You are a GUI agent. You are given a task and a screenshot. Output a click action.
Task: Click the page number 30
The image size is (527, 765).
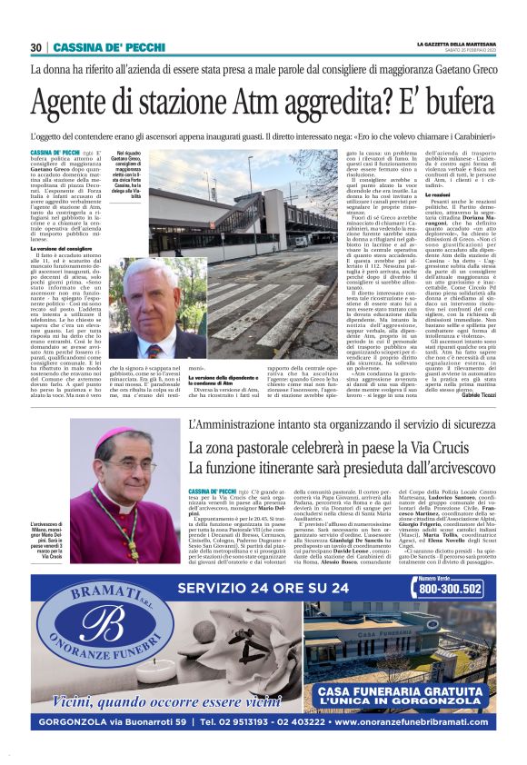(x=36, y=47)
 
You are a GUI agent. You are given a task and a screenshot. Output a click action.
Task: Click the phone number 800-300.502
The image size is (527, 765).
(x=452, y=588)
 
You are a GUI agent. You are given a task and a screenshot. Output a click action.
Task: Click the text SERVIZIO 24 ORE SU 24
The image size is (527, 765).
(x=263, y=588)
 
